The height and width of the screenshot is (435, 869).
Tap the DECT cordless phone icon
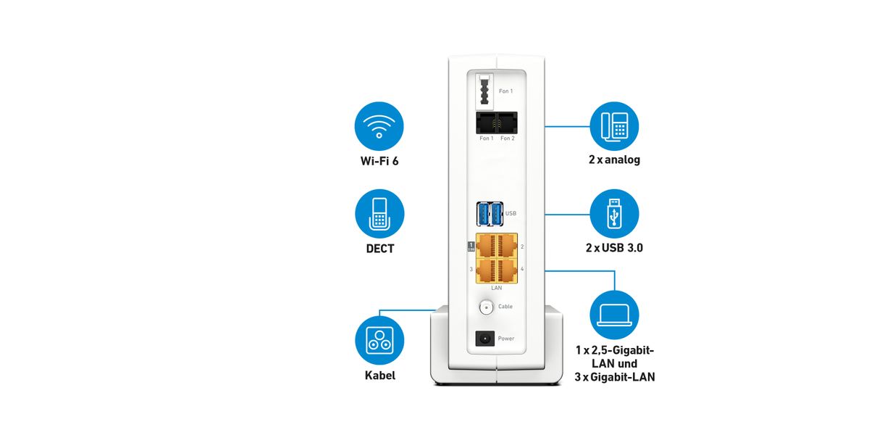pyautogui.click(x=379, y=214)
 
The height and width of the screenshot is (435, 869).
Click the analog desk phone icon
pyautogui.click(x=614, y=126)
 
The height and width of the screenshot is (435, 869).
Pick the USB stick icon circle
pyautogui.click(x=614, y=214)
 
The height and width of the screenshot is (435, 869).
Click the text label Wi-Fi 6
pyautogui.click(x=379, y=161)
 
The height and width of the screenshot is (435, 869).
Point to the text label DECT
pyautogui.click(x=379, y=249)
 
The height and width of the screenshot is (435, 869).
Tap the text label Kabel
pyautogui.click(x=379, y=376)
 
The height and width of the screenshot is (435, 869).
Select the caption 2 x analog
pyautogui.click(x=614, y=159)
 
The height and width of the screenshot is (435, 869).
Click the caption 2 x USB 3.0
pyautogui.click(x=614, y=248)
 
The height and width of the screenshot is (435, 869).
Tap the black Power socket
pyautogui.click(x=484, y=338)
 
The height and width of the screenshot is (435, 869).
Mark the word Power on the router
pyautogui.click(x=506, y=339)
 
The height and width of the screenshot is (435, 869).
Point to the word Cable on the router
pyautogui.click(x=505, y=307)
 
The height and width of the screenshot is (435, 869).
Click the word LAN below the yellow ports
pyautogui.click(x=497, y=288)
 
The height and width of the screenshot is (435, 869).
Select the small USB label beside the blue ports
pyautogui.click(x=510, y=214)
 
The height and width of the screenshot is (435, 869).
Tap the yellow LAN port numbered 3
pyautogui.click(x=486, y=269)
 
